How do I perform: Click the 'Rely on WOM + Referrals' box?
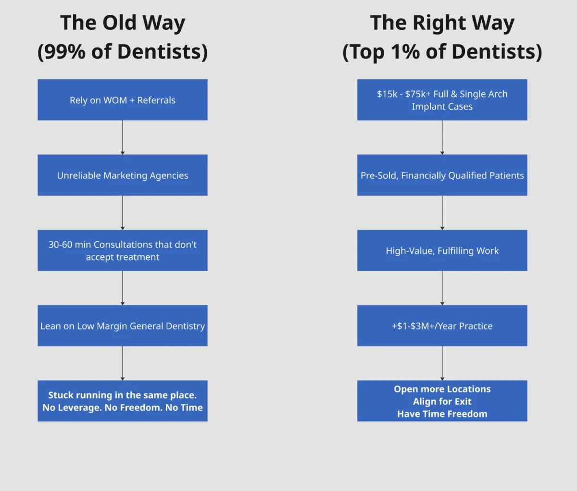tap(122, 100)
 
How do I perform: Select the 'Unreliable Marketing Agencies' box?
tap(122, 175)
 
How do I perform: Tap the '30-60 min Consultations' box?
tap(122, 250)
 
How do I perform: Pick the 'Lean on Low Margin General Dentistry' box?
tap(122, 326)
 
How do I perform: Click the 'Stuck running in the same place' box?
tap(122, 401)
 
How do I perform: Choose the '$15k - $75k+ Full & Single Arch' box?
tap(442, 100)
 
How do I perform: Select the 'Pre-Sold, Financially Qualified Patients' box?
tap(442, 175)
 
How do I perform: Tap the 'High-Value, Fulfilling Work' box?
tap(442, 250)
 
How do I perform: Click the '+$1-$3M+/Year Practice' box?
tap(442, 326)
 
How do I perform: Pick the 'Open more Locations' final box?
tap(442, 401)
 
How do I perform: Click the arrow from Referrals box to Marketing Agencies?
tap(123, 137)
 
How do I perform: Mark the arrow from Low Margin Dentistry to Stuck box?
tap(123, 363)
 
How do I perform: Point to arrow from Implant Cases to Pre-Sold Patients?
tap(442, 137)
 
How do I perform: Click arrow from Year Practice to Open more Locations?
tap(442, 363)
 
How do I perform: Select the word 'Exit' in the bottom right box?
tap(463, 402)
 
